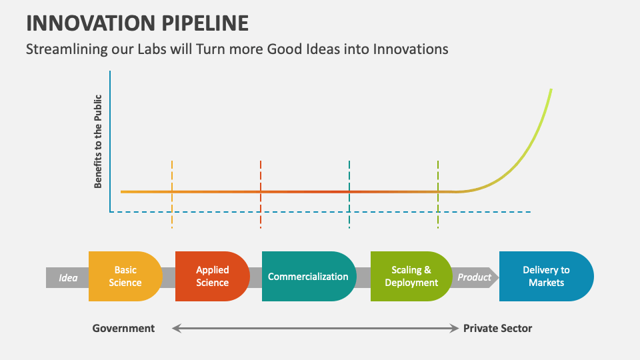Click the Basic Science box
(125, 276)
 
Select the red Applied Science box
(212, 276)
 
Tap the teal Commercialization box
(308, 276)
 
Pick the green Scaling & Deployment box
(411, 276)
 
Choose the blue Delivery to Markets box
(546, 276)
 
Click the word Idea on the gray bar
(68, 277)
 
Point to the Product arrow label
(474, 277)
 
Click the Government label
(123, 328)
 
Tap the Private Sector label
(497, 328)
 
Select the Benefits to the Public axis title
(98, 141)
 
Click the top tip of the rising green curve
(551, 89)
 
